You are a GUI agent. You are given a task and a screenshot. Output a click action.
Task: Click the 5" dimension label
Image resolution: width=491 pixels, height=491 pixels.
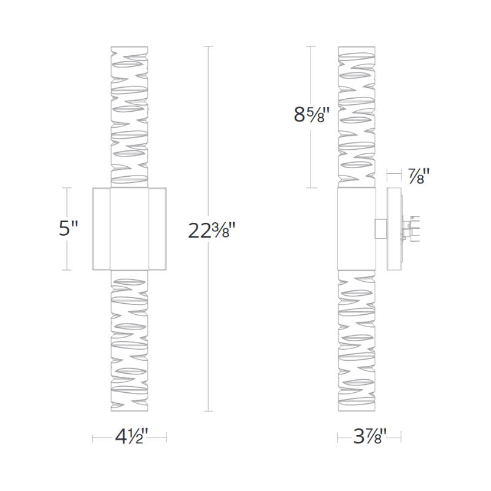click(x=68, y=228)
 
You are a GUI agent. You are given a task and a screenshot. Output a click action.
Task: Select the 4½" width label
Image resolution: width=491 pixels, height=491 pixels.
click(x=130, y=437)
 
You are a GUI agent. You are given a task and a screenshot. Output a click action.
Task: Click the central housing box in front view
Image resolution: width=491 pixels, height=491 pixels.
click(x=130, y=229)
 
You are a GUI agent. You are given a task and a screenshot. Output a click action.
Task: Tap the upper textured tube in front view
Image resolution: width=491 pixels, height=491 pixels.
click(x=130, y=117)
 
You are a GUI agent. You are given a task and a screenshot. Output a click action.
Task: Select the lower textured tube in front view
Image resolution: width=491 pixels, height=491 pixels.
click(x=130, y=341)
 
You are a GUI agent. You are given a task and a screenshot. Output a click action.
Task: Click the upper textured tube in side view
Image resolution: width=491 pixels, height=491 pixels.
click(x=357, y=117)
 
